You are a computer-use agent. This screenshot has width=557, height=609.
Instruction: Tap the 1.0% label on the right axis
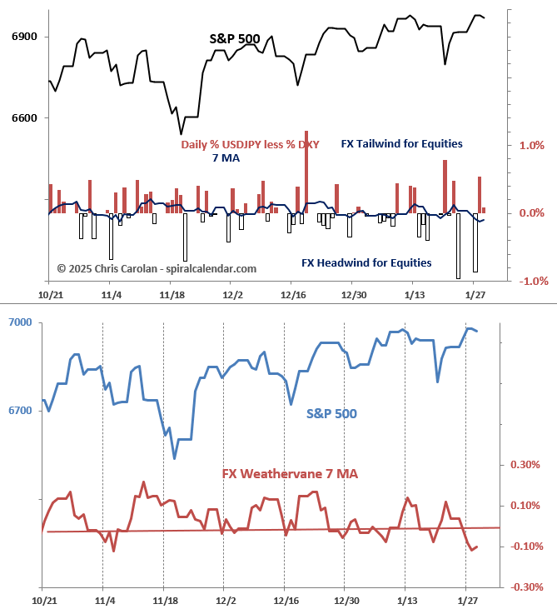[531, 146]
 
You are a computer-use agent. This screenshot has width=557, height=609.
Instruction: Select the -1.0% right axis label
[531, 282]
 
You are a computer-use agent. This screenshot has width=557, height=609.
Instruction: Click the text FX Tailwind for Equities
[401, 144]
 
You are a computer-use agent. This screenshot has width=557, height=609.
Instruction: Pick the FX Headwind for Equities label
[366, 262]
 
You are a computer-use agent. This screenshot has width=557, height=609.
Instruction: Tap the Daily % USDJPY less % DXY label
[250, 144]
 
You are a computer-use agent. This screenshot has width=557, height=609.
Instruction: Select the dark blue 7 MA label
[226, 158]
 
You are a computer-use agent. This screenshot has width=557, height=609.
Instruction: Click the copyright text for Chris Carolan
[157, 268]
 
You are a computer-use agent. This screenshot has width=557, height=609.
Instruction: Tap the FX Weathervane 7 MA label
[290, 473]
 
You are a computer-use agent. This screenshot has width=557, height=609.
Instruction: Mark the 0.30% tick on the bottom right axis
[525, 465]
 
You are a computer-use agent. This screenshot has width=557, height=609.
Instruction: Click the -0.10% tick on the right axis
[525, 547]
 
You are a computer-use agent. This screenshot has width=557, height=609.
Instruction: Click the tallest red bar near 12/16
[306, 167]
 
